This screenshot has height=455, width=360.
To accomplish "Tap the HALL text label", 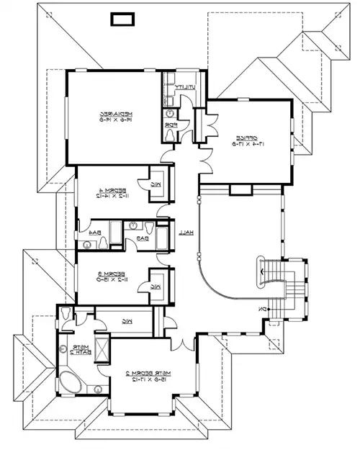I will coord(184,232).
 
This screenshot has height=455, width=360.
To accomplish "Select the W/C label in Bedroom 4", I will coord(156,185).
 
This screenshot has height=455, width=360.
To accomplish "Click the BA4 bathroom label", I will coord(94,233).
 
